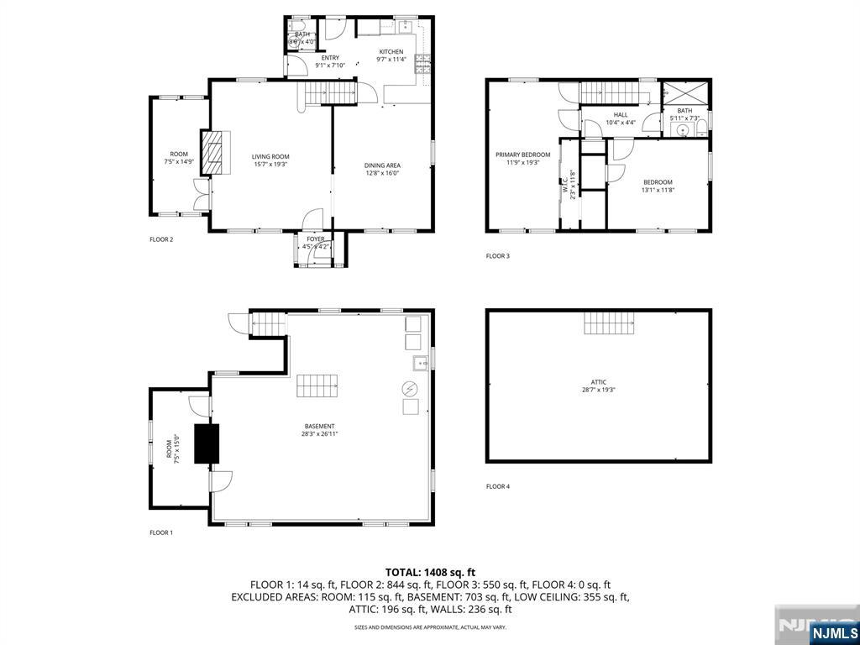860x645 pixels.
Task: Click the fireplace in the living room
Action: pos(217,152)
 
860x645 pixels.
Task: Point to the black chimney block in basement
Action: pos(207,443)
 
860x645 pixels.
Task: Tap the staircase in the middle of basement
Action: pos(317,386)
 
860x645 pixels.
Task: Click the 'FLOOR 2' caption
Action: pos(161,239)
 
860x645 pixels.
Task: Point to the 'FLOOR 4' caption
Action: pos(497,486)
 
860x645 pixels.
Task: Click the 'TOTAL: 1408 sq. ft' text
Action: pos(430,572)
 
